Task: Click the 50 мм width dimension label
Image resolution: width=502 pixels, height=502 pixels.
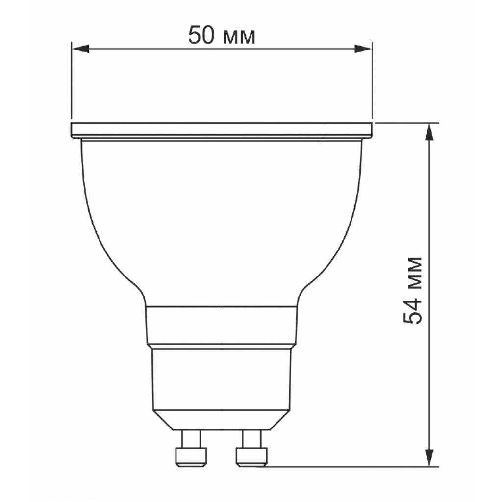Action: click(x=222, y=36)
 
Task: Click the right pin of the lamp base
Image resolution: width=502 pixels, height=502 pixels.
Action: click(x=252, y=449)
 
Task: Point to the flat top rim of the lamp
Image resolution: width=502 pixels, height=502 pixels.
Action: click(x=222, y=129)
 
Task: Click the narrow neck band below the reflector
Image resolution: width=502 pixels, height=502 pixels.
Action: click(x=222, y=325)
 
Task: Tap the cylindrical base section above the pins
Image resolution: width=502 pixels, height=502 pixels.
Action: click(x=222, y=377)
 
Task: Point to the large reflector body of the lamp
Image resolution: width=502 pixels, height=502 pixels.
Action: click(x=222, y=221)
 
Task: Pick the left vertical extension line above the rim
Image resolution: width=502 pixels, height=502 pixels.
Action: click(x=72, y=83)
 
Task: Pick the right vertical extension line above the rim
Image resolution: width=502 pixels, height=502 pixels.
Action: click(x=372, y=83)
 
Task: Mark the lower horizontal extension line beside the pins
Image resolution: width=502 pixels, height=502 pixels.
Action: click(x=353, y=466)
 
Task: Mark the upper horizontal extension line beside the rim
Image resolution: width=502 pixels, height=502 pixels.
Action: click(x=407, y=122)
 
